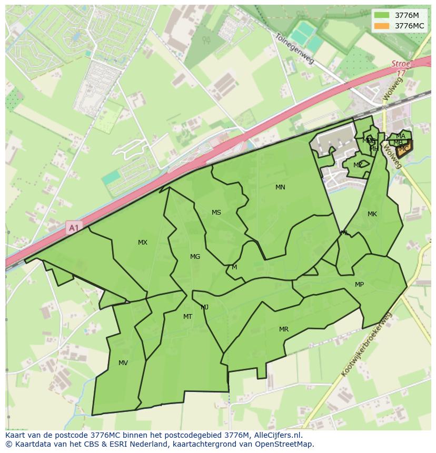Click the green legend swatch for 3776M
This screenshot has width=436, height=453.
click(x=382, y=15)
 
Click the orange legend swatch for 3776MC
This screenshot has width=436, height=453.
click(x=382, y=26)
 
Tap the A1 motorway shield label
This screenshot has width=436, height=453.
click(x=73, y=228)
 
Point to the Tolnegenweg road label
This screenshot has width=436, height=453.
click(x=294, y=48)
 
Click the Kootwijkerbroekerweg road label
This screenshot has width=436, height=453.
click(x=366, y=345)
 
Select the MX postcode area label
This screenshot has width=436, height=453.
click(x=143, y=243)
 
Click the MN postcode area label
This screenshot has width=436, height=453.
click(x=280, y=187)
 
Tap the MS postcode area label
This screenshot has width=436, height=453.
click(x=216, y=213)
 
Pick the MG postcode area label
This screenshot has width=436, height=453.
click(x=195, y=257)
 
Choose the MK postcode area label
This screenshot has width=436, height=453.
click(x=372, y=214)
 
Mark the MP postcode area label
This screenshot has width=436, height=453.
click(x=359, y=285)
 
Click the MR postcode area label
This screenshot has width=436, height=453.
click(x=284, y=329)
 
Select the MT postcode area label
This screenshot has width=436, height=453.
click(x=187, y=317)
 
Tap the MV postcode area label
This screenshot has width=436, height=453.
click(x=123, y=363)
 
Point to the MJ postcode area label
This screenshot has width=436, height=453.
click(x=205, y=307)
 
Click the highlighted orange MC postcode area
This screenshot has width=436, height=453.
click(x=404, y=149)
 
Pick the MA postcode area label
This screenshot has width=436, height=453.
click(x=401, y=136)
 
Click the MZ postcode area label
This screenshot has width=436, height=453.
click(x=358, y=165)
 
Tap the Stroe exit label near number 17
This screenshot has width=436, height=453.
click(x=401, y=64)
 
